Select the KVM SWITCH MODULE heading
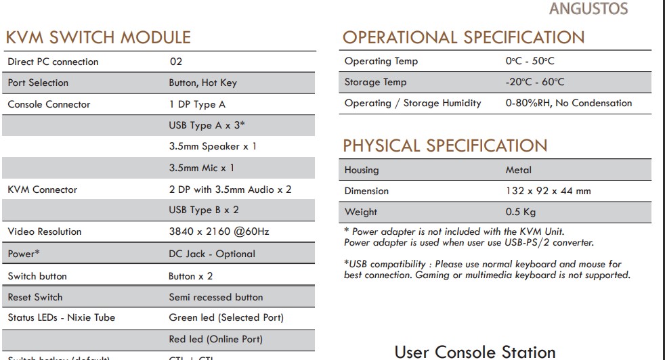(x=98, y=37)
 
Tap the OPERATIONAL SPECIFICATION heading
(x=463, y=37)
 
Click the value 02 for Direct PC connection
(x=176, y=62)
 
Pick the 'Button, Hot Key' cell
(x=202, y=83)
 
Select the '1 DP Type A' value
(x=197, y=104)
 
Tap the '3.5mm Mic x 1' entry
(x=202, y=167)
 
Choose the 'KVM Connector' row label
(x=42, y=189)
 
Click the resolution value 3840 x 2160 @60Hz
(x=219, y=231)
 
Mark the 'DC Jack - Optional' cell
(x=212, y=254)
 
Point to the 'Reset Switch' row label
(x=35, y=297)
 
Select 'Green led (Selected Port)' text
(x=226, y=317)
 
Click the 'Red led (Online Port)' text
(x=215, y=339)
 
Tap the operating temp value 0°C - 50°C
(x=530, y=61)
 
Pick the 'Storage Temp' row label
(x=375, y=83)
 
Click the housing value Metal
(x=518, y=170)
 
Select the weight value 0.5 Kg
(x=521, y=212)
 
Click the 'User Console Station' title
(x=475, y=352)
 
